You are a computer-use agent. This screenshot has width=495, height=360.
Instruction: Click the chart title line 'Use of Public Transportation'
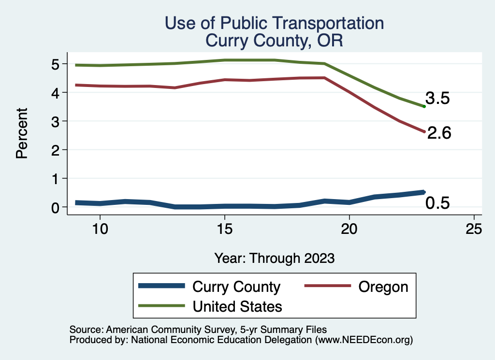tap(274, 23)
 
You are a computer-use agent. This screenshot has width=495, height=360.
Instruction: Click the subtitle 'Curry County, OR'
tap(274, 40)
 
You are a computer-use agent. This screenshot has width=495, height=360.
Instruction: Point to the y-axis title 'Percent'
tap(21, 133)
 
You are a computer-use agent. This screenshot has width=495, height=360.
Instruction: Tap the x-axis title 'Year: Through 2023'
tap(275, 258)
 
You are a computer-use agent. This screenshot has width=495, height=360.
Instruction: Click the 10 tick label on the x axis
tap(100, 229)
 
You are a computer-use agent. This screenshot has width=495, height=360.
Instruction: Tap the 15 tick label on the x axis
tap(224, 229)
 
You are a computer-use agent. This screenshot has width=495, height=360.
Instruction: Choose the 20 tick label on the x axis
tap(349, 229)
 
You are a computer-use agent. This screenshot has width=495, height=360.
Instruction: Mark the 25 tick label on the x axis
tap(474, 229)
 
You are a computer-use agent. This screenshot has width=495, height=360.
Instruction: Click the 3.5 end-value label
tap(437, 99)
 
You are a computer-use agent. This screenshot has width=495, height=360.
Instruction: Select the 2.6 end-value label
tap(439, 133)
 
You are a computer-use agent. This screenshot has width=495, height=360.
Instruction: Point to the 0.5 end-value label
tap(437, 203)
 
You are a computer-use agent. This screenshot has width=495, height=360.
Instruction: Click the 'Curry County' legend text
tap(236, 287)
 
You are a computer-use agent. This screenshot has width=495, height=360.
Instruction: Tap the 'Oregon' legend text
tap(383, 287)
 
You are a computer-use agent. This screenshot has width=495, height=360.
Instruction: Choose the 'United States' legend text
tap(237, 306)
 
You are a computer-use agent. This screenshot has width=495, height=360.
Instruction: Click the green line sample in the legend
tap(161, 306)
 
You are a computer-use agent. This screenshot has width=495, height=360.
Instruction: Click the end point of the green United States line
tap(424, 106)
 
